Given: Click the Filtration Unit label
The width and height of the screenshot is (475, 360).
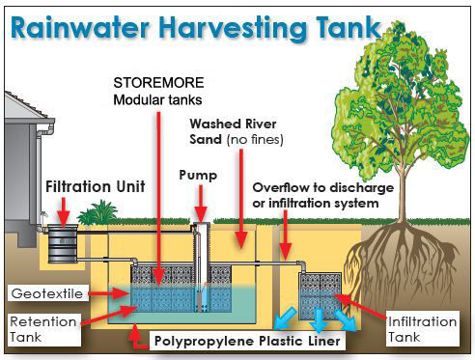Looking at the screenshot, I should coord(91,183).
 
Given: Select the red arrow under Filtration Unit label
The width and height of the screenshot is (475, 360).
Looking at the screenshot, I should coord(64,207).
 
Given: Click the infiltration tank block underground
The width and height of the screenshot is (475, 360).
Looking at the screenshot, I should coord(322,293).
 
